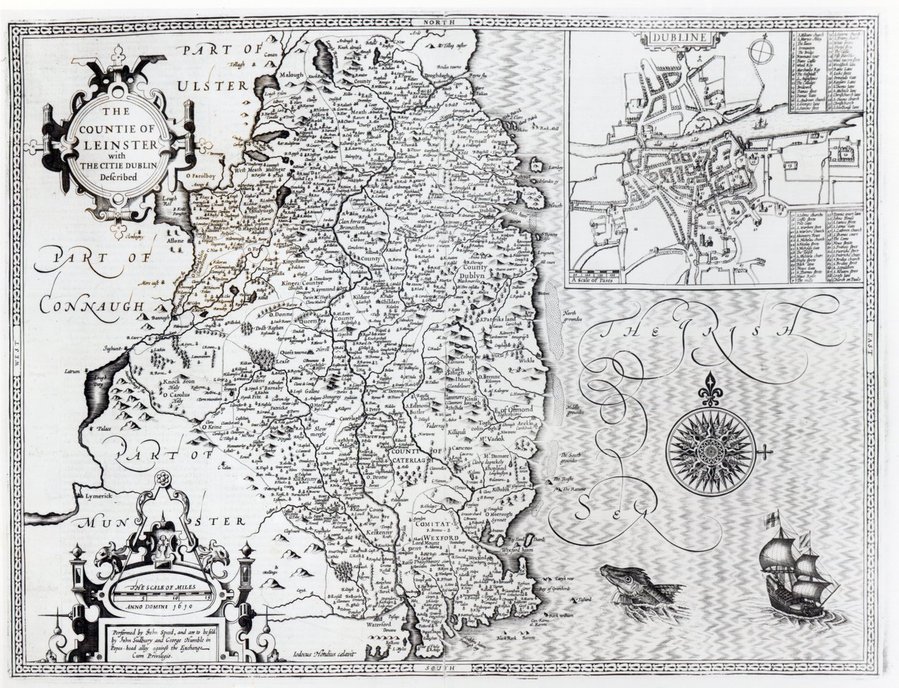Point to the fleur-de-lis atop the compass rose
tap(709, 385)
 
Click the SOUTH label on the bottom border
tap(434, 665)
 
